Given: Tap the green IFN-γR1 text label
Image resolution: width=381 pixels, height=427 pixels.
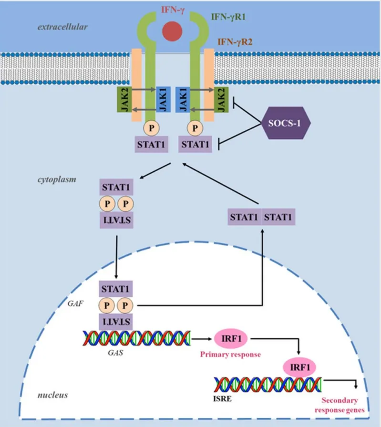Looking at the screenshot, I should coord(229,17).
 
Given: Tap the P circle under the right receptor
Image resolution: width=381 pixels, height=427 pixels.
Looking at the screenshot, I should coord(194,128).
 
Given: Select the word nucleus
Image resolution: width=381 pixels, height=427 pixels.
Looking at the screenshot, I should coord(53,395).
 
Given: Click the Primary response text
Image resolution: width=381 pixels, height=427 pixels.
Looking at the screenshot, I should coord(229,354).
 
